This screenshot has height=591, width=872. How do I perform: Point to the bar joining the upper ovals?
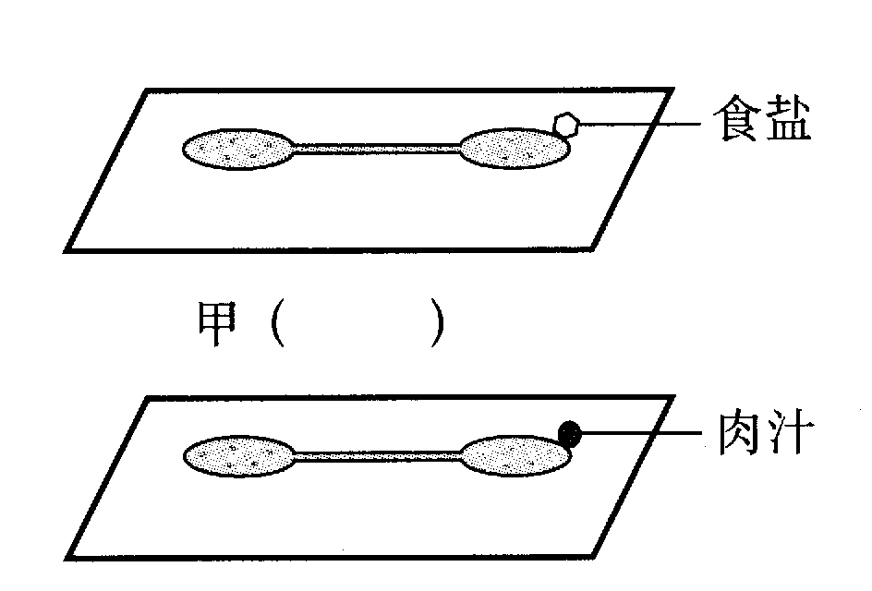377,146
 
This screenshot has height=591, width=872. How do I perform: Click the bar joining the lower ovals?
377,453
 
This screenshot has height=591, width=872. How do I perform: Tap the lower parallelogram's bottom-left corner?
67,557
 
